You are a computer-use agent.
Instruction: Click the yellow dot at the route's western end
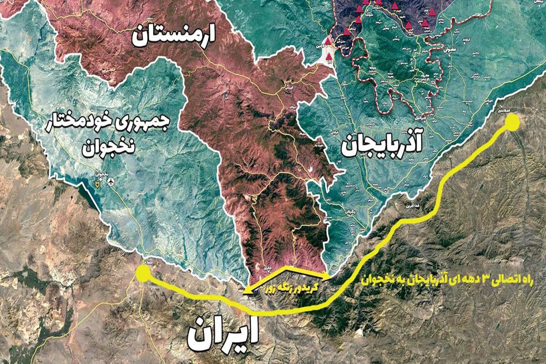click(x=142, y=274)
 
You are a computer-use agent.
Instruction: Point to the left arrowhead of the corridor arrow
click(x=246, y=293)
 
